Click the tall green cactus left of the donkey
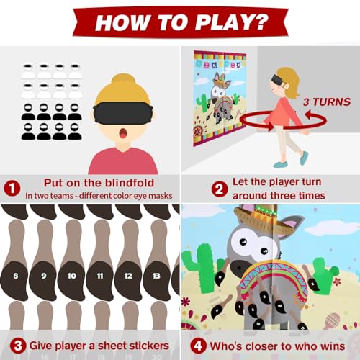tap(194, 270)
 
